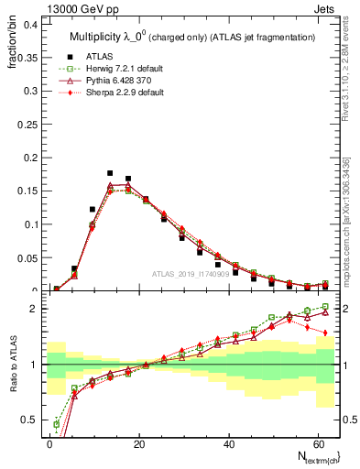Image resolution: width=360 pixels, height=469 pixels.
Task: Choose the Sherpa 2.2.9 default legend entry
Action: coord(119,93)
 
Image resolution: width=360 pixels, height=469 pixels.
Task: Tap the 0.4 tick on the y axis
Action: coord(29,24)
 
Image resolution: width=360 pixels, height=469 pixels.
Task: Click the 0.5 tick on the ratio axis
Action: coord(29,420)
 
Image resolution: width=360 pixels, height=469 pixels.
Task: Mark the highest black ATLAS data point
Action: coord(110,172)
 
